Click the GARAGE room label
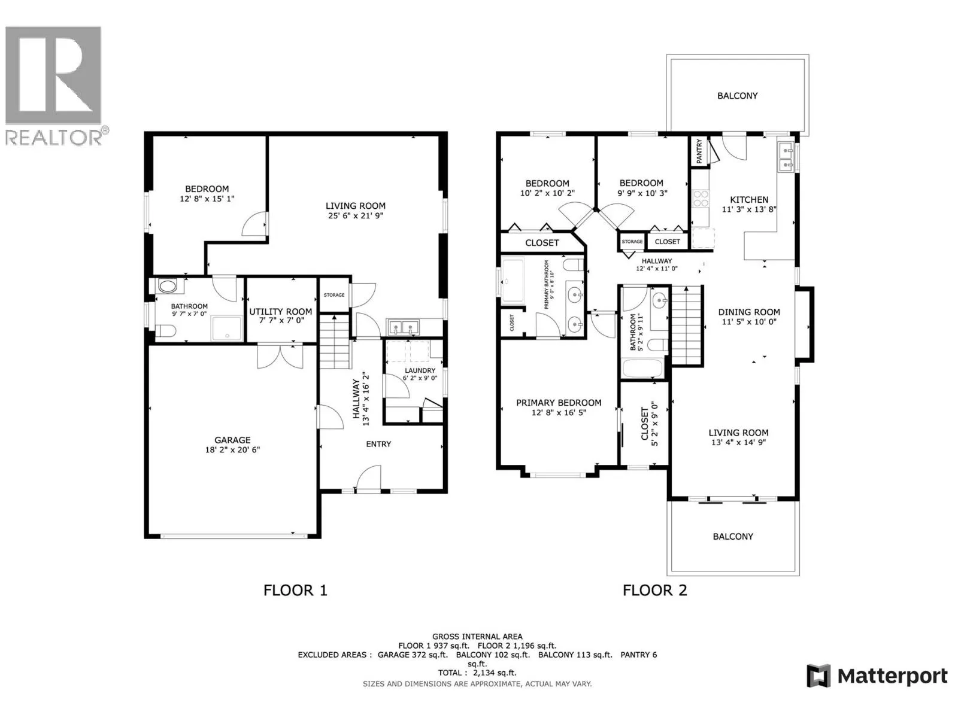pos(232,440)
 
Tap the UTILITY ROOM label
pos(280,312)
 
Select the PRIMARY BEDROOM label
pos(559,403)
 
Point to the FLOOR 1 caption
pos(295,591)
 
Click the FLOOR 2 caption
pos(654,591)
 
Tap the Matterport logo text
pos(892,676)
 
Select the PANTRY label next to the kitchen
pos(699,151)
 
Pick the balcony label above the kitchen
pos(737,96)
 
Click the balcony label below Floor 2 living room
pos(733,537)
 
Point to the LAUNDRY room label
pos(420,370)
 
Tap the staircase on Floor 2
pos(686,324)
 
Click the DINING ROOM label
pos(749,312)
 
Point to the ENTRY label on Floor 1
pos(378,444)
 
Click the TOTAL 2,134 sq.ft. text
pos(477,673)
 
